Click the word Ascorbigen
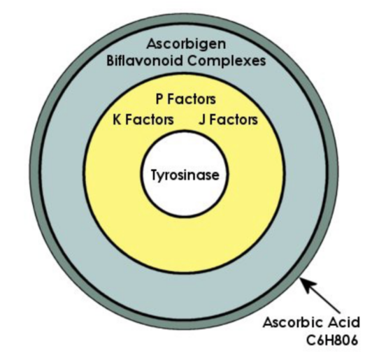pos(186,45)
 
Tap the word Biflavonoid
pos(145,61)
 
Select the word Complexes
pos(227,62)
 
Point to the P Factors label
pos(185,99)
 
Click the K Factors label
pos(143,120)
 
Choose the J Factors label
pos(228,120)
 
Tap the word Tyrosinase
pos(185,175)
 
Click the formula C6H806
pos(331,340)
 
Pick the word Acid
pos(344,322)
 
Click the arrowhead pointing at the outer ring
pos(306,285)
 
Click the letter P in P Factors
pos(159,99)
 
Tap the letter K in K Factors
pos(117,120)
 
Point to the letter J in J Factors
pos(202,120)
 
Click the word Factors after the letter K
pos(150,120)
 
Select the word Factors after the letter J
pos(234,120)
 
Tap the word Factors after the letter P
pos(192,99)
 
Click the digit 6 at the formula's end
pos(353,340)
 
